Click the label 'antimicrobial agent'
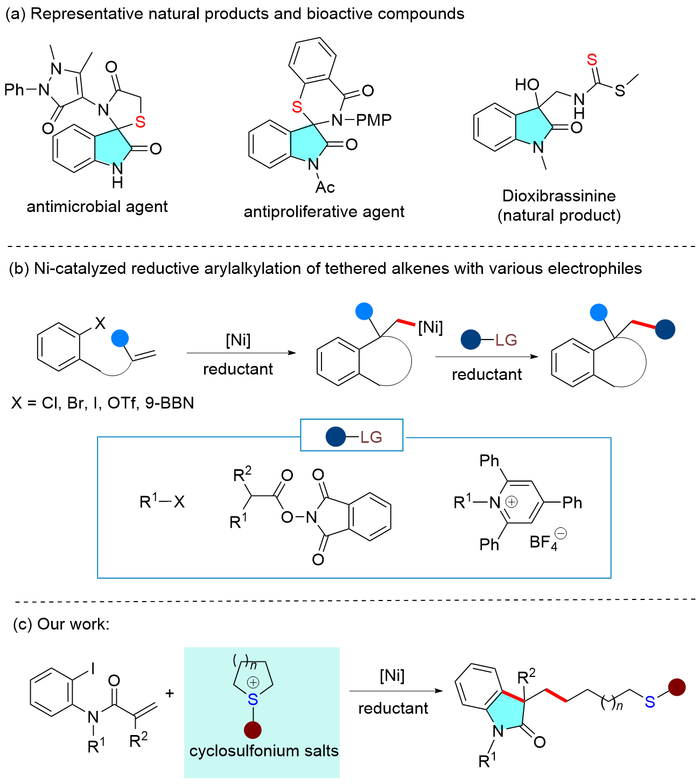click(97, 207)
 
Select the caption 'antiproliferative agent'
click(324, 212)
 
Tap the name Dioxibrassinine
click(558, 196)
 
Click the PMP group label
click(374, 120)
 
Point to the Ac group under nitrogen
click(325, 187)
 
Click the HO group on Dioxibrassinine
click(527, 85)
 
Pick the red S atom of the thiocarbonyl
click(592, 60)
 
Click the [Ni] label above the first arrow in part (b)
click(238, 340)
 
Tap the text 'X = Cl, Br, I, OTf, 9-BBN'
click(102, 403)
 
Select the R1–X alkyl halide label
click(162, 502)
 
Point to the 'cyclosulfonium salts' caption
click(264, 751)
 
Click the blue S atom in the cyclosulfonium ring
click(253, 700)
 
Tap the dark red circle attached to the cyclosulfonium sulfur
click(253, 730)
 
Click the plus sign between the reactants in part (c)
click(170, 693)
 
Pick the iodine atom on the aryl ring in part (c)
click(93, 668)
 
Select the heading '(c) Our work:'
click(61, 624)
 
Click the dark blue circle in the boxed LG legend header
click(335, 436)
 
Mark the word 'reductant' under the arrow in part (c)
click(393, 708)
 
